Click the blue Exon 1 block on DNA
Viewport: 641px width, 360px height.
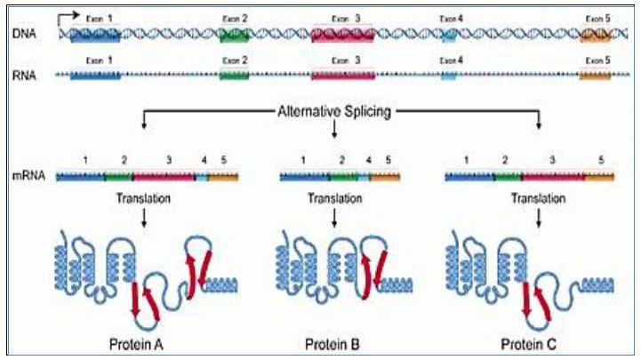(93, 34)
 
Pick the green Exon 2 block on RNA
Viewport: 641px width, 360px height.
(235, 76)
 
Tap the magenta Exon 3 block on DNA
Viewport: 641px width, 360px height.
(341, 34)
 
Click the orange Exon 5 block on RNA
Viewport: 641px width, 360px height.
(595, 76)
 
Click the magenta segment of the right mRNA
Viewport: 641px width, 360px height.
(551, 177)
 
